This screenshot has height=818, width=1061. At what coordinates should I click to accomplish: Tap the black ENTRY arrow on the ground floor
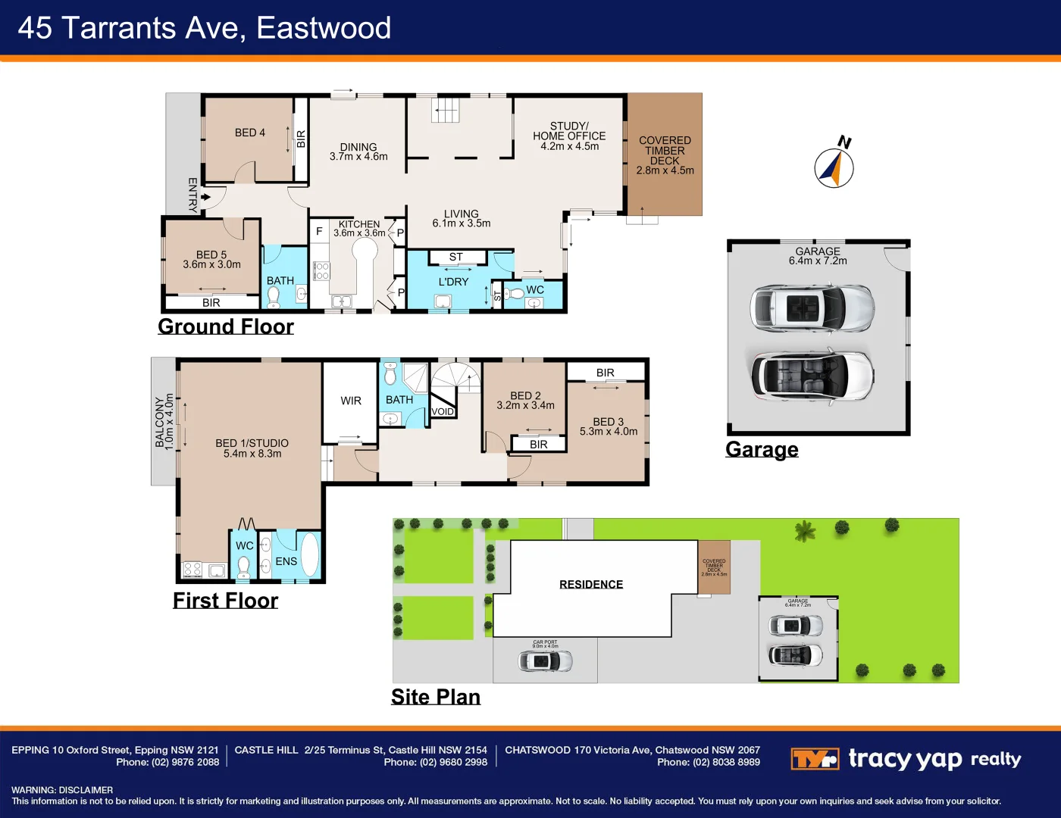pyautogui.click(x=205, y=197)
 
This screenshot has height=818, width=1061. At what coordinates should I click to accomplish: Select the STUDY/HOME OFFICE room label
pyautogui.click(x=569, y=136)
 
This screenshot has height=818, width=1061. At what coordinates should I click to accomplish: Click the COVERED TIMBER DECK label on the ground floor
pyautogui.click(x=665, y=155)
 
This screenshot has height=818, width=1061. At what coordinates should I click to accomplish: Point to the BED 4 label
pyautogui.click(x=249, y=133)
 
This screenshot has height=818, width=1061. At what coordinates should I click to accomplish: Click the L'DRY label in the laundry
pyautogui.click(x=453, y=282)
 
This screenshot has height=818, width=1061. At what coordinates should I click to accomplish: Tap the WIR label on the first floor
pyautogui.click(x=351, y=401)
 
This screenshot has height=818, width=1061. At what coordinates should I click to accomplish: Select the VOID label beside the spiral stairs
pyautogui.click(x=443, y=412)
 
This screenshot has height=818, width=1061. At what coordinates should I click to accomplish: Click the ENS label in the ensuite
pyautogui.click(x=286, y=561)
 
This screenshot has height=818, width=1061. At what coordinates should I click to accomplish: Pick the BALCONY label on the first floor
pyautogui.click(x=164, y=422)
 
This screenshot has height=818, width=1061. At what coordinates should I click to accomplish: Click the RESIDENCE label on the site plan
pyautogui.click(x=591, y=584)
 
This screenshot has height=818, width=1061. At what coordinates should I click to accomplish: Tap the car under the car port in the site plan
pyautogui.click(x=545, y=660)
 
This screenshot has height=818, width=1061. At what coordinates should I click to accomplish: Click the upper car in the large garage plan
pyautogui.click(x=812, y=308)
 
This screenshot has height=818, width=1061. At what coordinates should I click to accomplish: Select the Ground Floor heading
pyautogui.click(x=225, y=326)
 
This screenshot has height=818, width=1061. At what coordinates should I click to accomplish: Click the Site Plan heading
pyautogui.click(x=435, y=697)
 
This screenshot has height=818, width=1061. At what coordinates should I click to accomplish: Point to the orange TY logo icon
pyautogui.click(x=814, y=758)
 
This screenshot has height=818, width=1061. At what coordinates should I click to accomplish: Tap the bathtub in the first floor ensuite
pyautogui.click(x=310, y=555)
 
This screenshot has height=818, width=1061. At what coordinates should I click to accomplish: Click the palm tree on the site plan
pyautogui.click(x=804, y=531)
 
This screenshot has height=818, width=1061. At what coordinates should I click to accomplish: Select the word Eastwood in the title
pyautogui.click(x=324, y=28)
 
